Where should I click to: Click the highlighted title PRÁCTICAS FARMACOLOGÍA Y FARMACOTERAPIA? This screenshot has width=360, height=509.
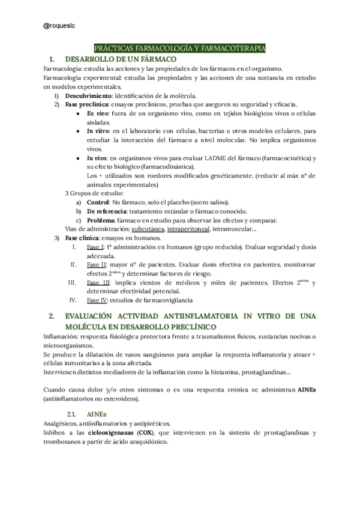click(x=180, y=49)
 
